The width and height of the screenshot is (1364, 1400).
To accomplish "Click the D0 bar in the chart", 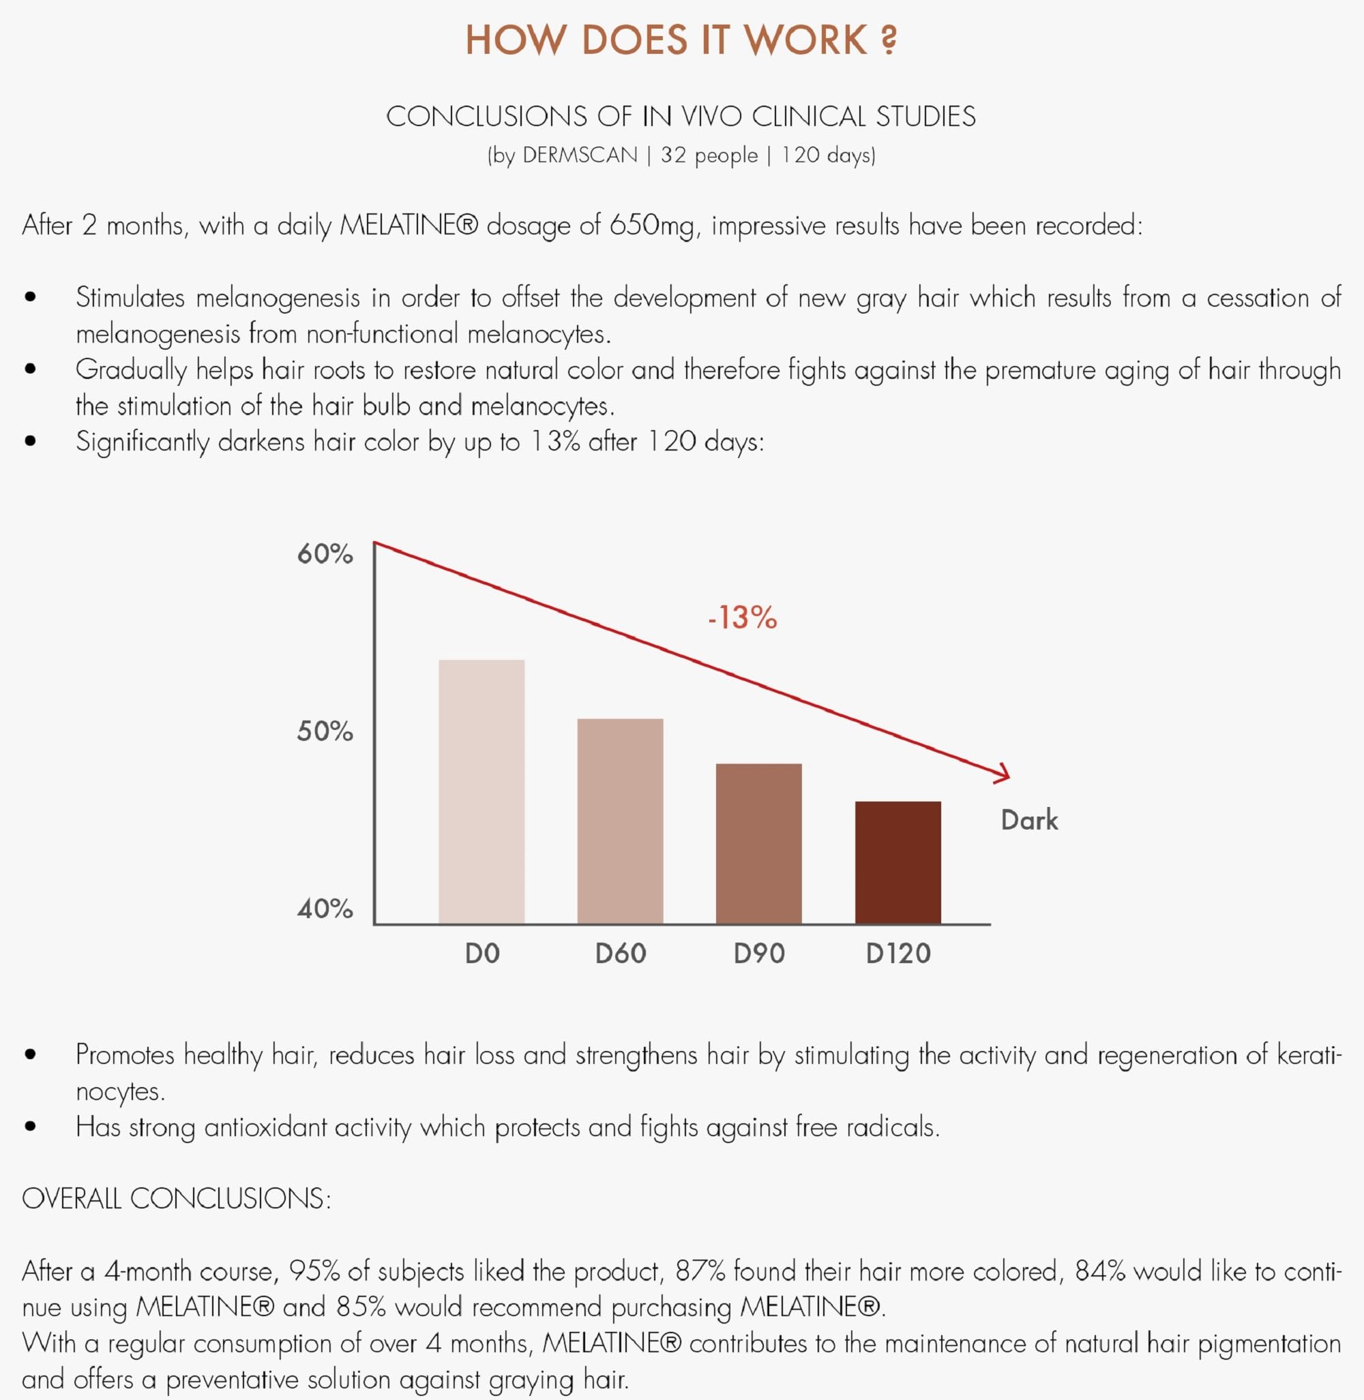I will [481, 791].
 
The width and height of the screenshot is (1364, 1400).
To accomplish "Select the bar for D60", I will [621, 821].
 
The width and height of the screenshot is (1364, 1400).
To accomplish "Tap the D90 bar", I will [758, 844].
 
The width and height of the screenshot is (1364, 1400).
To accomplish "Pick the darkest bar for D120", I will [898, 862].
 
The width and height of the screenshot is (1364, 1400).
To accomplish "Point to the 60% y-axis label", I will [325, 554].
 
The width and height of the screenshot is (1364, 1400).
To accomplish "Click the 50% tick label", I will [325, 731].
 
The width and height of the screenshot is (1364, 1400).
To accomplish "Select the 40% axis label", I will [325, 909].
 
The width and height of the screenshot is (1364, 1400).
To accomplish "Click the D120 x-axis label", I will [898, 954].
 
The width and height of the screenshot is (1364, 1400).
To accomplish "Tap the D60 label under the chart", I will [621, 954].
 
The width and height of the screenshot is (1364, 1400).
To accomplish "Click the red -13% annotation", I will [742, 618].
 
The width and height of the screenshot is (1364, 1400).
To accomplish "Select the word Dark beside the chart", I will [1028, 820].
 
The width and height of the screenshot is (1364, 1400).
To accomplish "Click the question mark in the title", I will [889, 40].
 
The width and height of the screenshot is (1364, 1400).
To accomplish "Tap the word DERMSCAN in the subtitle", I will [580, 155].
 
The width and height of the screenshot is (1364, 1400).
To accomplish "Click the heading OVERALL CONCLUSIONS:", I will [176, 1199].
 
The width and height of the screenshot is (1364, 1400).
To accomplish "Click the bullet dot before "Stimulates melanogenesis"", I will [30, 297].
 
